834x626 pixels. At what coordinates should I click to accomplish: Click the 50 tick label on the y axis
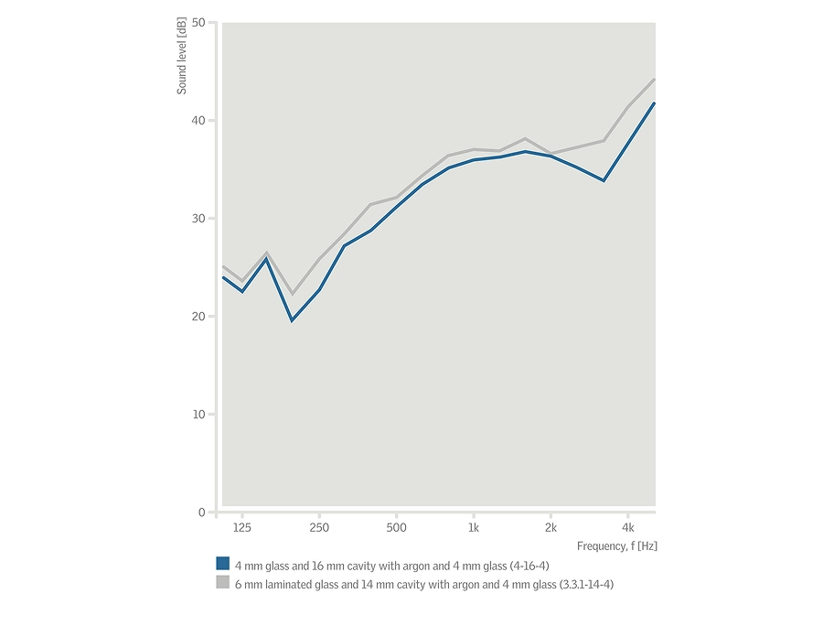198,22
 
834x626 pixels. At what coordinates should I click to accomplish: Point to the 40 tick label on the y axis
198,120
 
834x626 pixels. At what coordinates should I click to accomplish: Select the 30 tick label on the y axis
198,218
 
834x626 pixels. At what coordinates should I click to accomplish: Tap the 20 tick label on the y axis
198,316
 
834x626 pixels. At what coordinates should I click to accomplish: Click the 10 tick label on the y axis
198,414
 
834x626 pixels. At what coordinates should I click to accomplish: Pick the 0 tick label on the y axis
202,512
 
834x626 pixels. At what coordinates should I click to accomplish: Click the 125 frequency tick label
241,528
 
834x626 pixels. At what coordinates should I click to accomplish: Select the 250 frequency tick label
319,528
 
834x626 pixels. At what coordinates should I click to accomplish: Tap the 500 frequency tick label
396,528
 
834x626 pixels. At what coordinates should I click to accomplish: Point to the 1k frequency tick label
473,528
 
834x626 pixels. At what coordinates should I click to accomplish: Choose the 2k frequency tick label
551,528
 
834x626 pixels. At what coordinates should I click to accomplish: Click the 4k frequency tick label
627,528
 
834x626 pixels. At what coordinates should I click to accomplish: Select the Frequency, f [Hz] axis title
616,545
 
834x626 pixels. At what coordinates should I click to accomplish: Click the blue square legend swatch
222,564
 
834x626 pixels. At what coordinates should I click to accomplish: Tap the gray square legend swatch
222,583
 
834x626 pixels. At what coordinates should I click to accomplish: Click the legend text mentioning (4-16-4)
391,565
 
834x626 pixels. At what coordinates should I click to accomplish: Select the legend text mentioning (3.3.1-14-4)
423,584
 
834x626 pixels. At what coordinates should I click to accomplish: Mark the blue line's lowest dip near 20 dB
292,320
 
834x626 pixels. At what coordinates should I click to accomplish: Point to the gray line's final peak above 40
654,80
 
